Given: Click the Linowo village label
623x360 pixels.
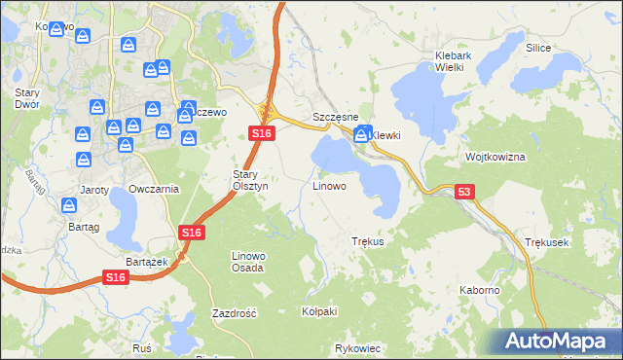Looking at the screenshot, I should click(329, 185).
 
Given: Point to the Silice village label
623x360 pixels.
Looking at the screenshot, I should click(538, 48).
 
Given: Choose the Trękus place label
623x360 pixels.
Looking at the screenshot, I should click(368, 240).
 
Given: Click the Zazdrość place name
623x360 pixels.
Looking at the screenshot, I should click(234, 313).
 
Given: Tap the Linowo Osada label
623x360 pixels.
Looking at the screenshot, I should click(247, 261).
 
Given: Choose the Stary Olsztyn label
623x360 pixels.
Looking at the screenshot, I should click(243, 180).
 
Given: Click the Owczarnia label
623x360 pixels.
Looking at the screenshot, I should click(154, 189).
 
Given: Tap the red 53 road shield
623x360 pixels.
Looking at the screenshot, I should click(464, 194).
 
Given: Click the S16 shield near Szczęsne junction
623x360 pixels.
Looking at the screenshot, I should click(259, 133).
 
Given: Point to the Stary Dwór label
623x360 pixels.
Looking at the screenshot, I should click(26, 98).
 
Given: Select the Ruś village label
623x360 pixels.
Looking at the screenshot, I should click(142, 347).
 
